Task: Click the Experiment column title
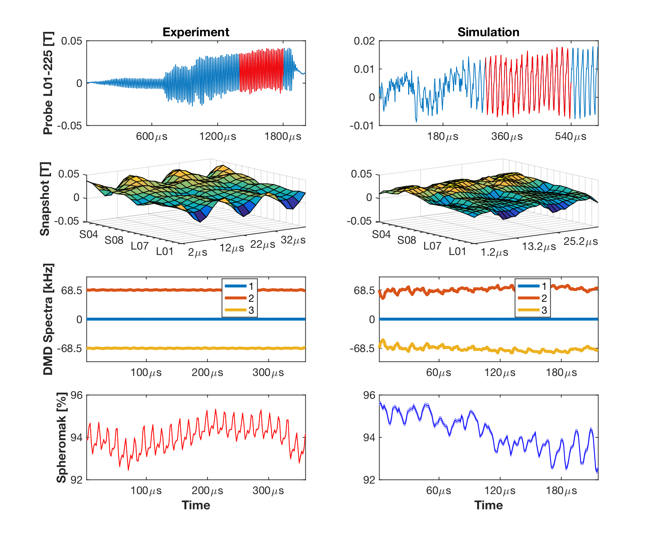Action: pyautogui.click(x=196, y=32)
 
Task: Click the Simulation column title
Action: pyautogui.click(x=488, y=32)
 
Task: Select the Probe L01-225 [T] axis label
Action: pyautogui.click(x=48, y=83)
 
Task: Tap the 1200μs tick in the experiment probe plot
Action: pyautogui.click(x=217, y=137)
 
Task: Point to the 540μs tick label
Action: pyautogui.click(x=571, y=137)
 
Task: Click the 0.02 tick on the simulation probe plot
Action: pyautogui.click(x=364, y=41)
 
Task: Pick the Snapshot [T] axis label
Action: pyautogui.click(x=45, y=199)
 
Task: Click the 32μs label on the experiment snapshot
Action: pyautogui.click(x=293, y=240)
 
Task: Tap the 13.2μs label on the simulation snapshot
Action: pyautogui.click(x=539, y=247)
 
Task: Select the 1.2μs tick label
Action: pyautogui.click(x=494, y=252)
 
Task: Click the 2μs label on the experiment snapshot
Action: pyautogui.click(x=198, y=252)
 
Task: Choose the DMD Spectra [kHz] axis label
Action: pyautogui.click(x=48, y=319)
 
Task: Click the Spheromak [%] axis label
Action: pyautogui.click(x=62, y=437)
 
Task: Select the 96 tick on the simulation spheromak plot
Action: pyautogui.click(x=369, y=395)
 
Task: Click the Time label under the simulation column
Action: pyautogui.click(x=488, y=505)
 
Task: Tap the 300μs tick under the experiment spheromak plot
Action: pyautogui.click(x=268, y=491)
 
